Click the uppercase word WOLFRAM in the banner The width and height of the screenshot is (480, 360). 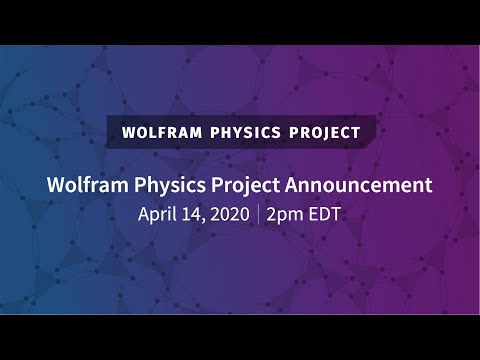(x=161, y=132)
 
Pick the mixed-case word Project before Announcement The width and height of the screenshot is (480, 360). (x=246, y=185)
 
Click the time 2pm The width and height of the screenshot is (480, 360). (x=285, y=213)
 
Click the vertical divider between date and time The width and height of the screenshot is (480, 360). (x=258, y=213)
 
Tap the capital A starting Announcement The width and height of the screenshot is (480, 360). (x=295, y=185)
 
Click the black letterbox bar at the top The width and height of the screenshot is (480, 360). (x=240, y=22)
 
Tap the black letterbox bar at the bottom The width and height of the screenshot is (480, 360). (x=240, y=337)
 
